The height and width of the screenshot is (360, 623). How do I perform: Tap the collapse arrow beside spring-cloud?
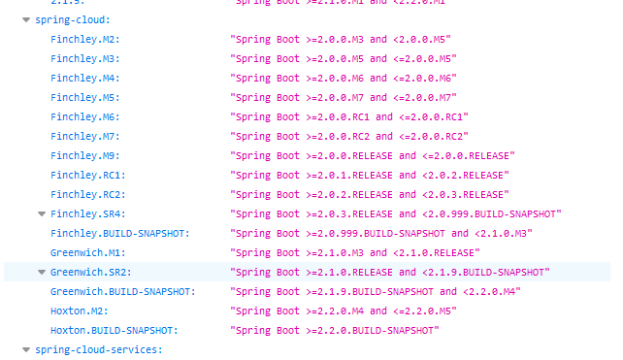tap(26, 18)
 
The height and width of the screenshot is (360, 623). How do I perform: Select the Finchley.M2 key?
tap(84, 39)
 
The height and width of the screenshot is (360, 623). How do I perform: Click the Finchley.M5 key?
tap(84, 97)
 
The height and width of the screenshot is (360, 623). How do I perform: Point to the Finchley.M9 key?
tap(84, 155)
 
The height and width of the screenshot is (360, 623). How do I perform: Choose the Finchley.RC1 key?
tap(87, 175)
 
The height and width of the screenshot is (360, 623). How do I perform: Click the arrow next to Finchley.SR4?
tap(42, 213)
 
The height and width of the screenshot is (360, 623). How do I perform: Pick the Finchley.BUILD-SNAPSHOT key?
tap(119, 233)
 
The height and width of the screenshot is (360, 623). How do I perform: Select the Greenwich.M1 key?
tap(87, 252)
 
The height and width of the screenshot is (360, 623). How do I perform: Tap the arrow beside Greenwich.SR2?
tap(42, 272)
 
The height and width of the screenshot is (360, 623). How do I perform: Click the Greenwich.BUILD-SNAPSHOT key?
tap(122, 291)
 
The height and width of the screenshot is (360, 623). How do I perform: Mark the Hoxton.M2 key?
tap(79, 311)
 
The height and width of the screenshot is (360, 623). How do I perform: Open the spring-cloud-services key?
tap(98, 349)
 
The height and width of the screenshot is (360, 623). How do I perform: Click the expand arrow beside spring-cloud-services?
tap(26, 349)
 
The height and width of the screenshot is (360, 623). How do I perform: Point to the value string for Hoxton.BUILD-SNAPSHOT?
tap(334, 330)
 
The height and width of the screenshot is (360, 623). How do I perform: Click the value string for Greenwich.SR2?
tap(389, 272)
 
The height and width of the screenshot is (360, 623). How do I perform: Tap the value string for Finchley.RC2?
tap(369, 194)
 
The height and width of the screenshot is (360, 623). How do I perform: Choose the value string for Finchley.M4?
tap(343, 78)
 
